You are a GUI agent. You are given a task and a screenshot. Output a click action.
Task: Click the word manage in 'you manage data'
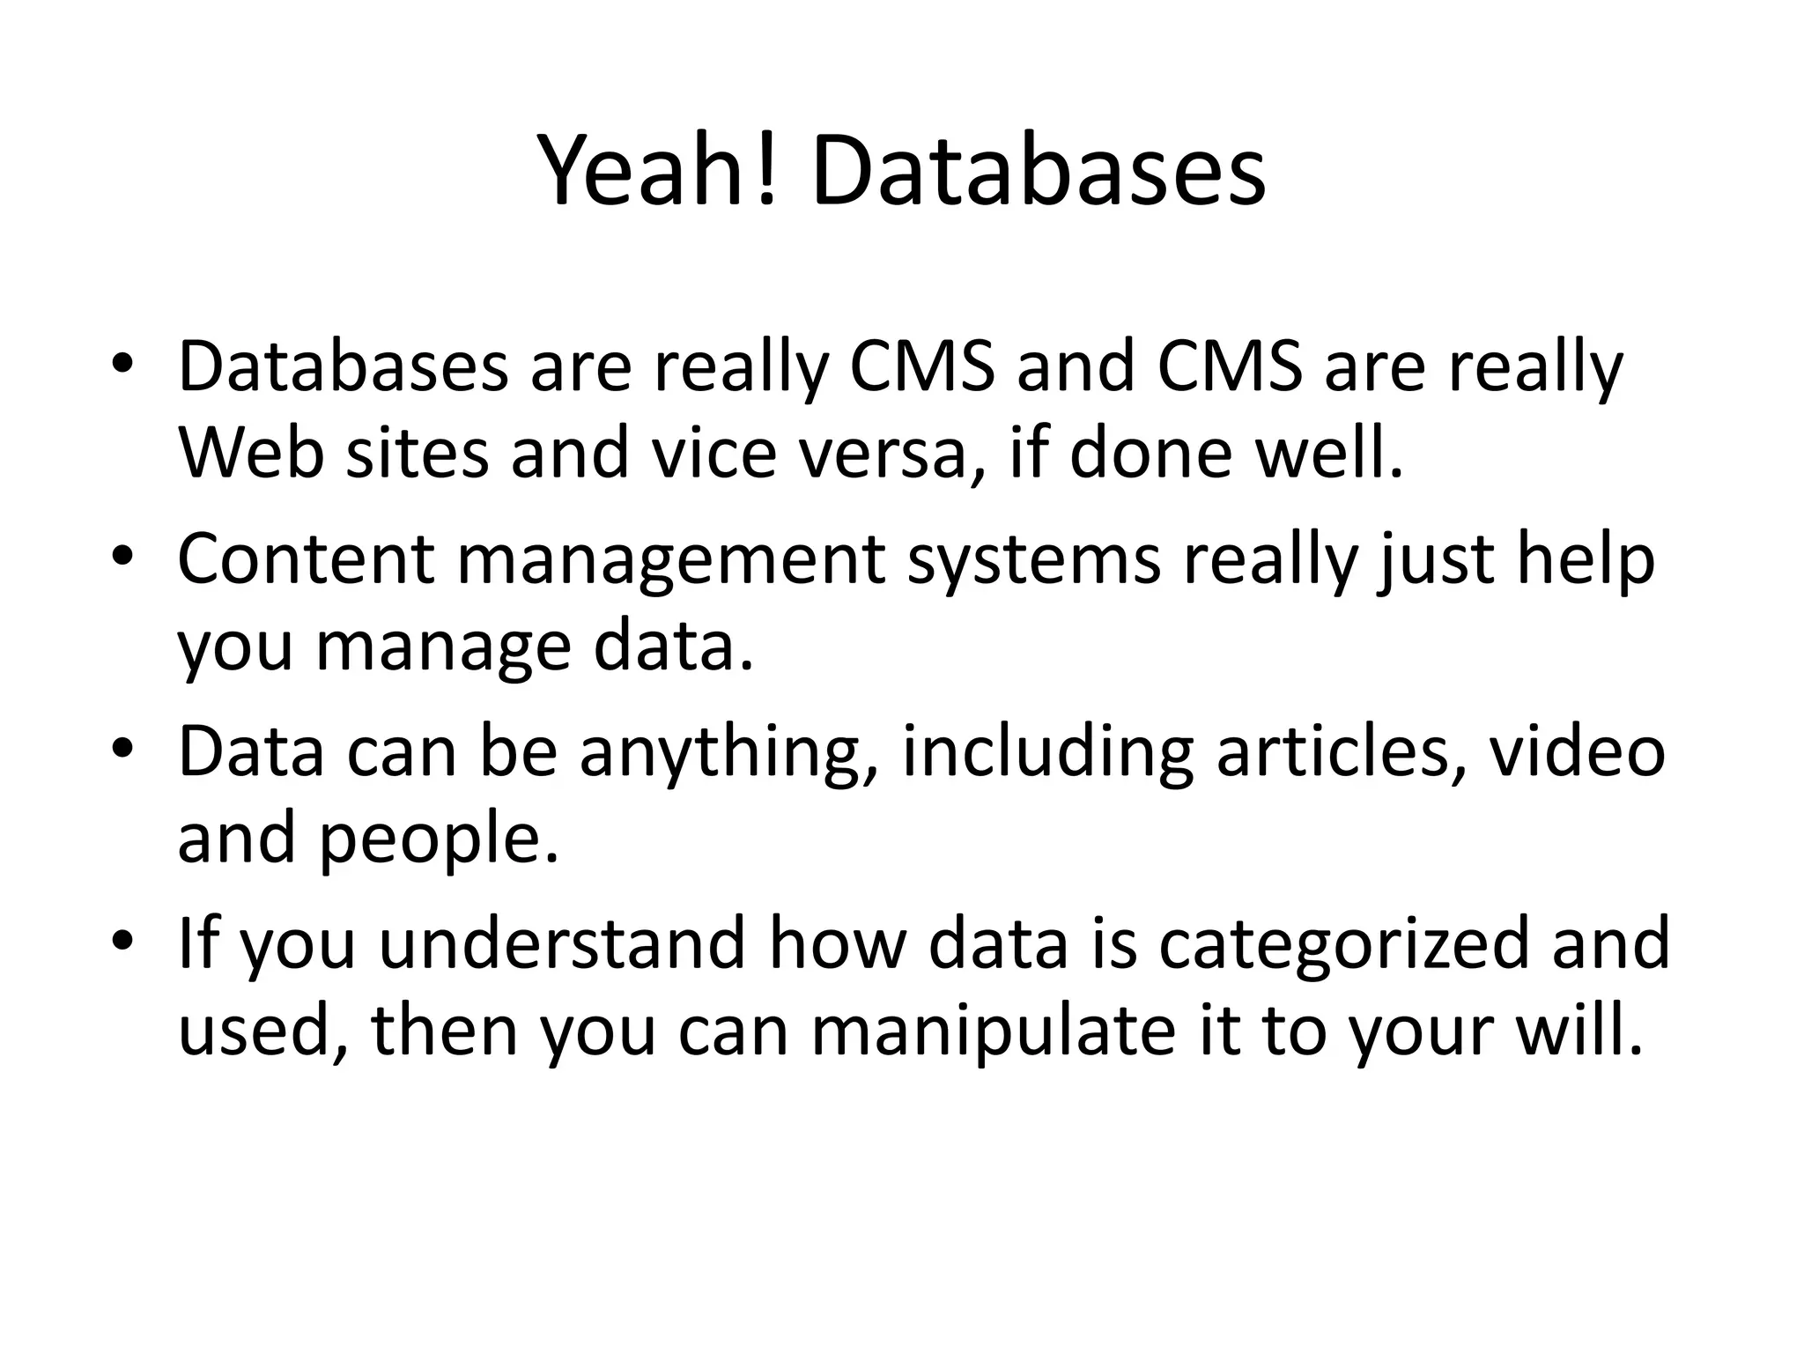point(443,647)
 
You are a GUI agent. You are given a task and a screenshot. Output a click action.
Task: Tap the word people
point(439,839)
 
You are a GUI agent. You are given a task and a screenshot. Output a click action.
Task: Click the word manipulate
point(993,1031)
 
